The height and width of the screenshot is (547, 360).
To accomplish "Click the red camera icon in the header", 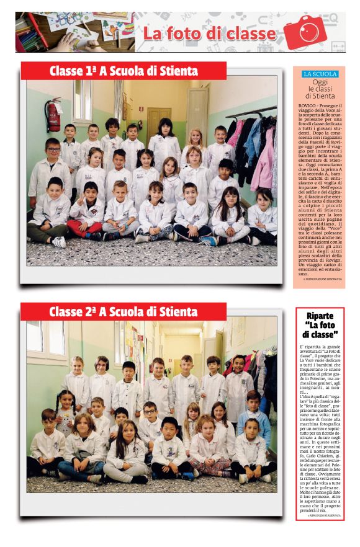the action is tap(305, 32).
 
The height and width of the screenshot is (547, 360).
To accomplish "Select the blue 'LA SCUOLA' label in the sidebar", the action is tap(320, 74).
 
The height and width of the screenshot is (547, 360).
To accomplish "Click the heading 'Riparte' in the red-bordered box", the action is tap(320, 315).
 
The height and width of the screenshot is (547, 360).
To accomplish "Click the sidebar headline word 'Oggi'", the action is tap(320, 82).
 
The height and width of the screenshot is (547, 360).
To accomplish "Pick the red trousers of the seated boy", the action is tap(85, 227).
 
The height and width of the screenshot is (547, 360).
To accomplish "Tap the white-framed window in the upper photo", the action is tap(83, 100).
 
